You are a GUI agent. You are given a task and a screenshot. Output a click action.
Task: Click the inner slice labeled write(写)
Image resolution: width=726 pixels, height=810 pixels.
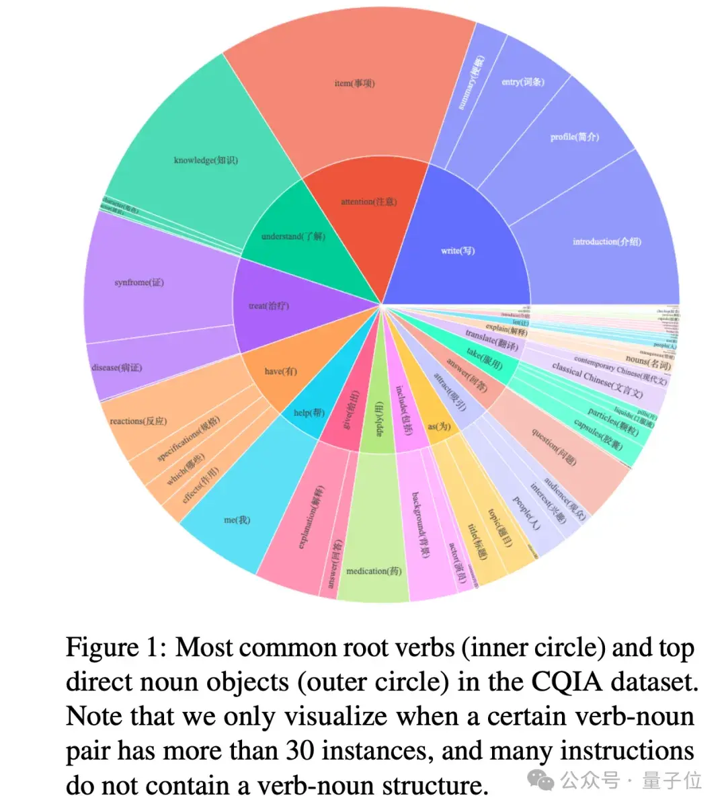click(x=458, y=250)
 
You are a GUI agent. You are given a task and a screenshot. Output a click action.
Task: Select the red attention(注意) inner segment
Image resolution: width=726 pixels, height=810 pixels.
click(x=368, y=202)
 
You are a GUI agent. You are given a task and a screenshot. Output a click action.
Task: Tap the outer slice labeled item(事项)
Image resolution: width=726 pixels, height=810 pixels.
click(x=354, y=83)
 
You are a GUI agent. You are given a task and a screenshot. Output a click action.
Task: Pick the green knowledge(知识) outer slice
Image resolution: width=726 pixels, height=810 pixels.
click(x=206, y=160)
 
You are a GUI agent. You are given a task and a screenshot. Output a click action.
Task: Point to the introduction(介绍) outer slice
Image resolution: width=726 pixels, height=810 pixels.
click(x=606, y=241)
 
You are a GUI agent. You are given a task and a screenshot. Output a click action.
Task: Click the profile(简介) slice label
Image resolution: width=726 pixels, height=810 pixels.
click(x=574, y=136)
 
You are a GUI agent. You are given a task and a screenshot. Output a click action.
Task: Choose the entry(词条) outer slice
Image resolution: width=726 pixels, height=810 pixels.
click(x=523, y=82)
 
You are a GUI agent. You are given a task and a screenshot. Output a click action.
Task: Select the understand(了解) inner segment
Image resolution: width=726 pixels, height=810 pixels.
click(x=293, y=236)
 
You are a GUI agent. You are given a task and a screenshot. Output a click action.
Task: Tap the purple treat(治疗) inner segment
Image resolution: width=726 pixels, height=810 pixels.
click(x=269, y=306)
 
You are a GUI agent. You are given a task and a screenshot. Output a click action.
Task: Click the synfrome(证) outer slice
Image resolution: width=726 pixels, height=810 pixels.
click(x=139, y=282)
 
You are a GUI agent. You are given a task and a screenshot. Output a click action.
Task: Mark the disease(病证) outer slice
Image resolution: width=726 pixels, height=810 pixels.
click(x=117, y=368)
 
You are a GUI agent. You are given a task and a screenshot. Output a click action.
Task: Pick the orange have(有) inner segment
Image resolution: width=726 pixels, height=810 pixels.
click(x=280, y=371)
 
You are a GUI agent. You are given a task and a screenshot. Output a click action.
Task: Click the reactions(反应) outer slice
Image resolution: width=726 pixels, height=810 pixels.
click(x=138, y=421)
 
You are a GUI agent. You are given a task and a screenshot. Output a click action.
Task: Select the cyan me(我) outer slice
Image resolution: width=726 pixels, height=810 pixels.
click(x=237, y=519)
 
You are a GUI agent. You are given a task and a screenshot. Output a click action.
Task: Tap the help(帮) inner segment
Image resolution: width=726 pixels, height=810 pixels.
click(x=309, y=413)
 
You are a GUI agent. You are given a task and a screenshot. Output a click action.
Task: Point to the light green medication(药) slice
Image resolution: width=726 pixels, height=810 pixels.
click(x=374, y=571)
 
